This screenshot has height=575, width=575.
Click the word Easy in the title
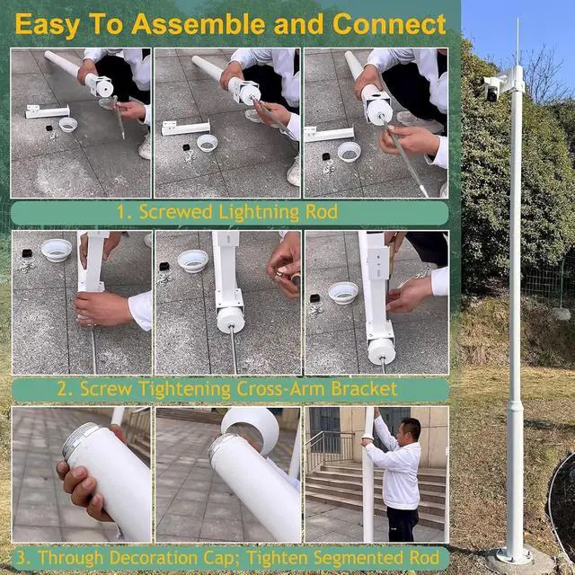click(x=48, y=24)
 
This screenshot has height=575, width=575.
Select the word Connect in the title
click(x=389, y=24)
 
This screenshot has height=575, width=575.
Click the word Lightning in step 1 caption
click(x=259, y=212)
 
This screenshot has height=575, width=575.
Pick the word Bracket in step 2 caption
click(x=365, y=389)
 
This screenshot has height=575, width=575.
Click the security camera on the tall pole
click(x=491, y=89)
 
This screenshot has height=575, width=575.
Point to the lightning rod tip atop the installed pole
click(x=517, y=19)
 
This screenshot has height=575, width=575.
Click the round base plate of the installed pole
click(x=515, y=556)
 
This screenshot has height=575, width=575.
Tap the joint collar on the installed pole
click(x=515, y=407)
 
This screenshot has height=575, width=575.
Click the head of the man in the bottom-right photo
click(x=410, y=429)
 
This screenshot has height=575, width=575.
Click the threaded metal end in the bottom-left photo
click(x=79, y=439)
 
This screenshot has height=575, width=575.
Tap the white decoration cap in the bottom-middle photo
click(x=252, y=429)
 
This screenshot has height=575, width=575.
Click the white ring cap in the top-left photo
click(x=68, y=124)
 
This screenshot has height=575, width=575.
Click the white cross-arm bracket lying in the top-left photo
click(x=48, y=111)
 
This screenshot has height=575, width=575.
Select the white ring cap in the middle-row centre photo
click(x=193, y=261)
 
